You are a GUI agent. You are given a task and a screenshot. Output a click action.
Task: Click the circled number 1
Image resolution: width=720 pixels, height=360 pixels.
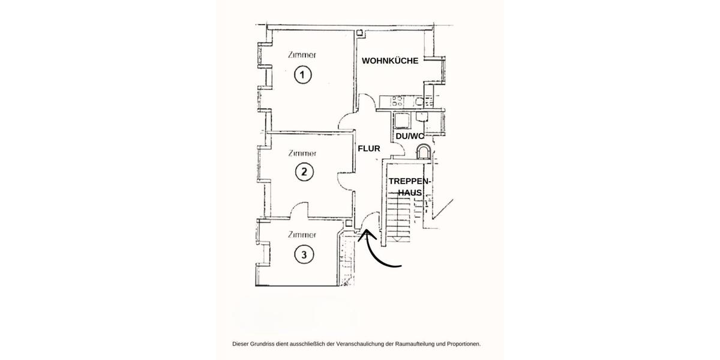click(303, 75)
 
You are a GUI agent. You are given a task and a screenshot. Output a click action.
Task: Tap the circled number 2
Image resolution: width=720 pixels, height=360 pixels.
click(304, 173)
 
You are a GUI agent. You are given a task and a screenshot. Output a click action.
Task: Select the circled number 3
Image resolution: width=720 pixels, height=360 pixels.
click(304, 255)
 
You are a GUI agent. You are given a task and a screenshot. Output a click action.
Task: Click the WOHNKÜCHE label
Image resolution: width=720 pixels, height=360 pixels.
click(389, 61)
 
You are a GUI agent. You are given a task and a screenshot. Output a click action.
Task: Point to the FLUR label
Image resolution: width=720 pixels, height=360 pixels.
click(368, 148)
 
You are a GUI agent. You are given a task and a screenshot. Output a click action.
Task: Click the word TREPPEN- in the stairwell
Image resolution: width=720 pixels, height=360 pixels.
click(410, 181)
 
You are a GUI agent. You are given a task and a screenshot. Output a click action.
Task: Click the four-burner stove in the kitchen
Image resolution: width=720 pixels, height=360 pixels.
click(397, 101)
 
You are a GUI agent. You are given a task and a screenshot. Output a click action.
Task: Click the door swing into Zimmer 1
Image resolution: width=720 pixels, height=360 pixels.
click(347, 123)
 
